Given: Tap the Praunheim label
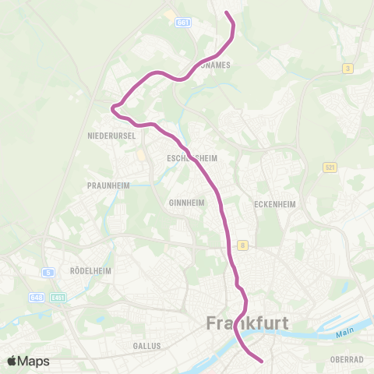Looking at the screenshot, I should [108, 185].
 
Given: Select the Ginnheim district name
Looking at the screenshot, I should [185, 202].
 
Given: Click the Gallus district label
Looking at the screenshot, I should [146, 345].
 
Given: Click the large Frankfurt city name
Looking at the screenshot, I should [249, 323].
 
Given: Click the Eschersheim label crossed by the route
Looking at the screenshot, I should [191, 157].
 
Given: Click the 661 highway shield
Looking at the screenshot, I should [184, 23].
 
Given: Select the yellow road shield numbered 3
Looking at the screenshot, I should [348, 69].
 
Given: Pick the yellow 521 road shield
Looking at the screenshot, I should [330, 168].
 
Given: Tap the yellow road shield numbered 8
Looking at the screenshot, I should [243, 245].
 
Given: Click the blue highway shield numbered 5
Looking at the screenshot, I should [48, 272].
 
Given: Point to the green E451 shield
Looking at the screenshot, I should [58, 297].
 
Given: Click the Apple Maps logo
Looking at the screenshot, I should [29, 361].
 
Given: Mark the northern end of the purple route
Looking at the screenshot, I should [227, 13].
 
